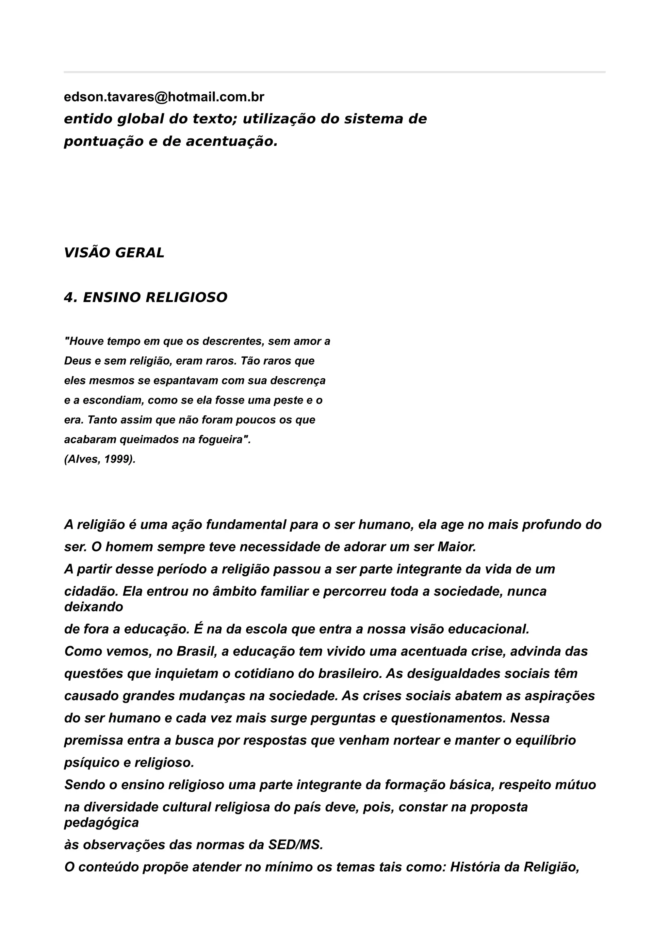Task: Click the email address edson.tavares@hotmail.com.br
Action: click(x=164, y=97)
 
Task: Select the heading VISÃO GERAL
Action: click(x=114, y=253)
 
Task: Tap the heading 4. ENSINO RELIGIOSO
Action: click(x=145, y=297)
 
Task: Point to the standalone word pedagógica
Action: click(x=101, y=823)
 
